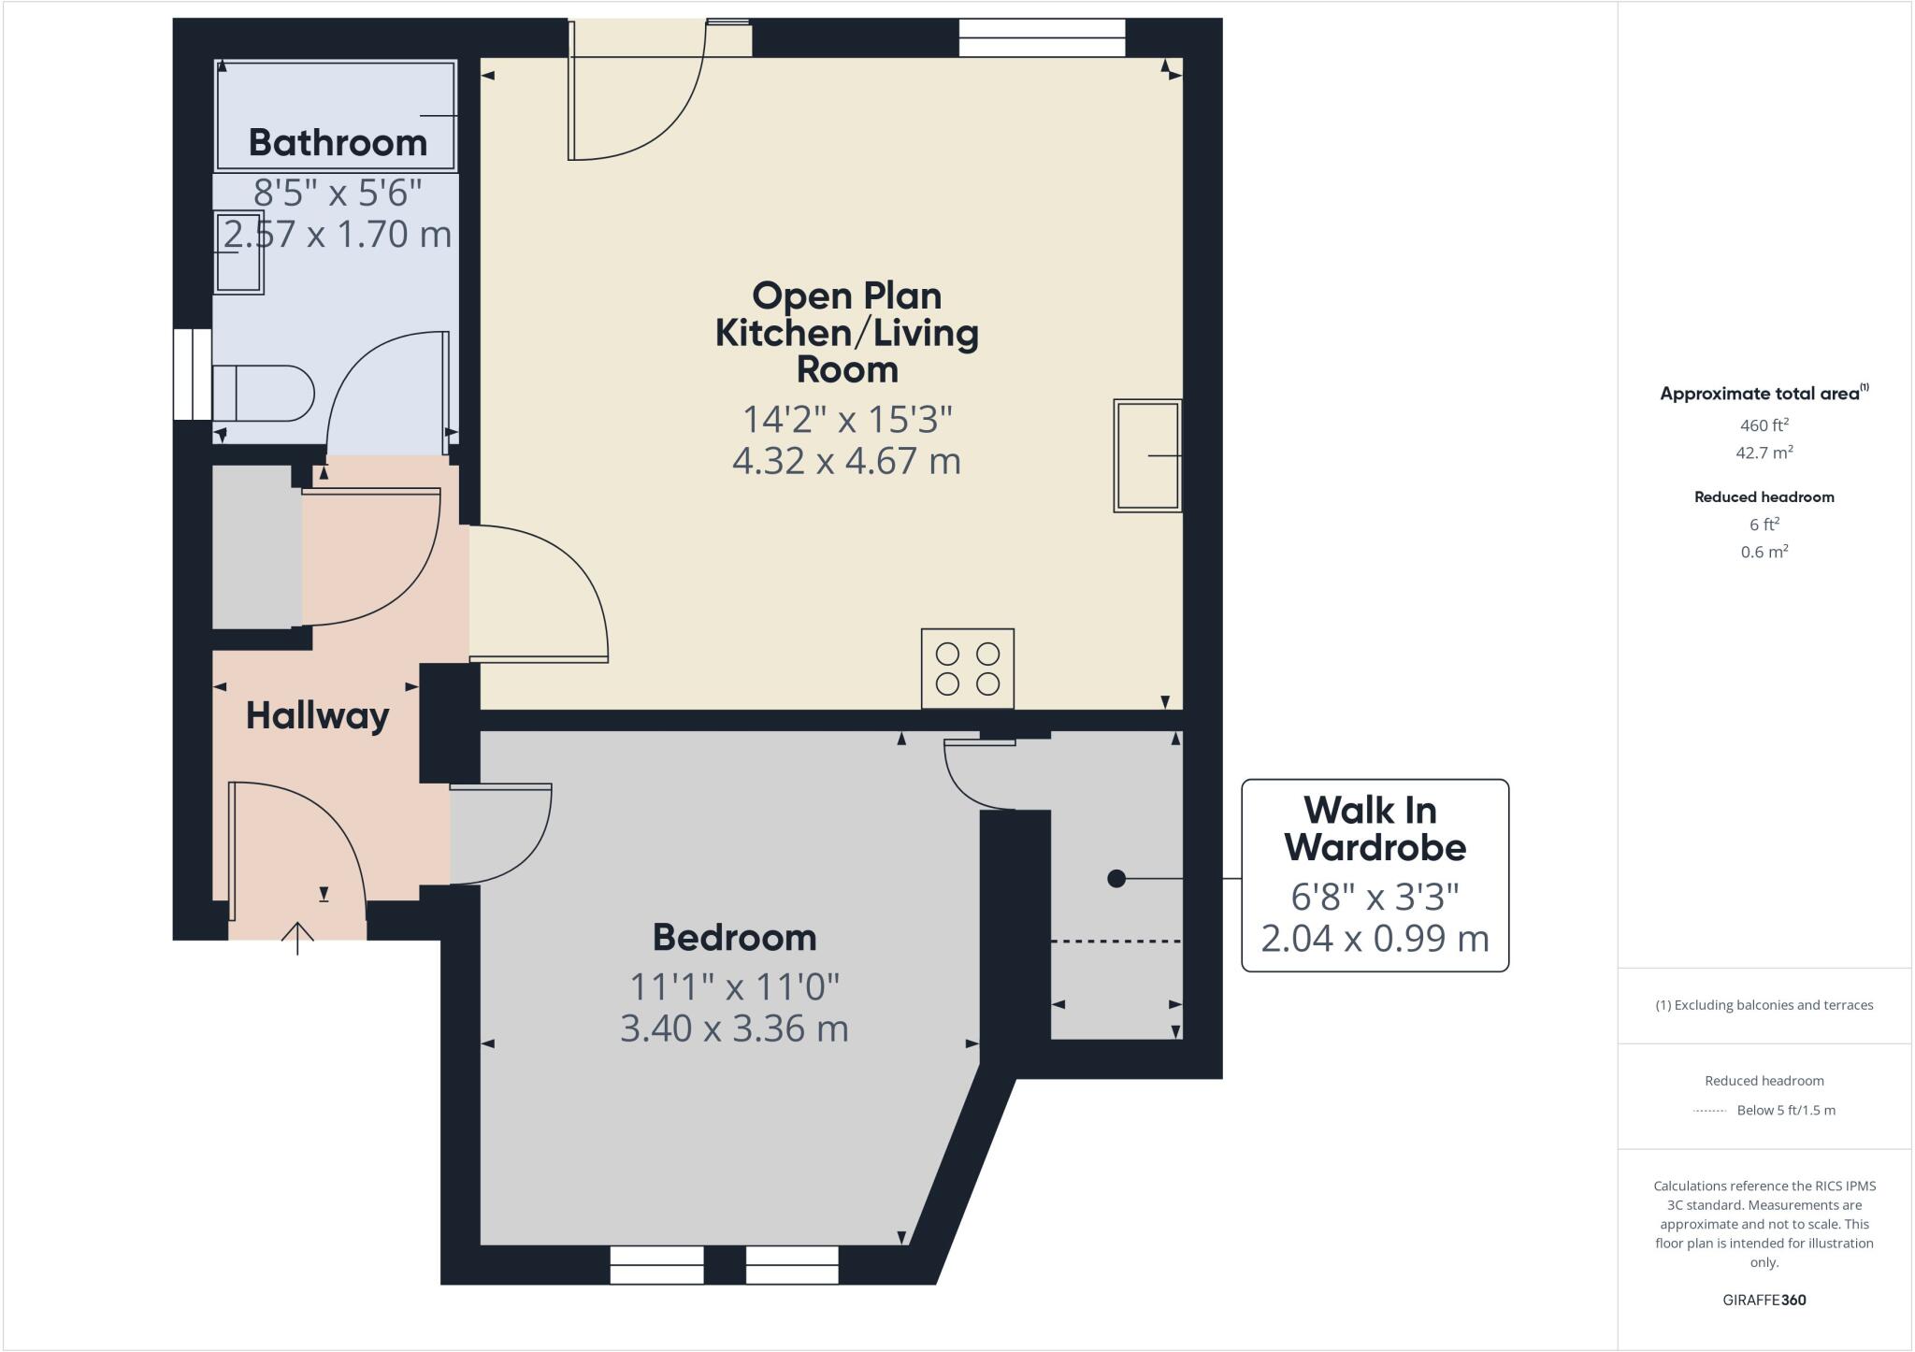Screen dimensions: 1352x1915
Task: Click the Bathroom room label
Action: point(338,142)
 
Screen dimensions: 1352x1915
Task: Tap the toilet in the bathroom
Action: point(265,393)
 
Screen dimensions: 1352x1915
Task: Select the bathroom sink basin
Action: point(239,252)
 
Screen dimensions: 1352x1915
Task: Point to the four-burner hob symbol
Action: point(967,668)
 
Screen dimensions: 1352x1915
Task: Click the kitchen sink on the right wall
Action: point(1147,455)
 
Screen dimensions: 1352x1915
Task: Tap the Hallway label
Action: point(317,715)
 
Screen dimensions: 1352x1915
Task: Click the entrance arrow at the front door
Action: point(297,938)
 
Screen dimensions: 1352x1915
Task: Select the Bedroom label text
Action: point(734,937)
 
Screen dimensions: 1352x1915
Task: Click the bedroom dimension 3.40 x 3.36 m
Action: point(734,1028)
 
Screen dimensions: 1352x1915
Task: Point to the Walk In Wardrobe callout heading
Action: point(1374,828)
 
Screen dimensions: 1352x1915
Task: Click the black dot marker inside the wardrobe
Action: point(1116,879)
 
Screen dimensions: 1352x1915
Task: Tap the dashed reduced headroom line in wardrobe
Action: point(1116,941)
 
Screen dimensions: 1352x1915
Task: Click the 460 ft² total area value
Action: point(1764,425)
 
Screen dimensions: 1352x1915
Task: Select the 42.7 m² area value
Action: point(1764,453)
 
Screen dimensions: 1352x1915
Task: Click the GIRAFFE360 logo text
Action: point(1764,1300)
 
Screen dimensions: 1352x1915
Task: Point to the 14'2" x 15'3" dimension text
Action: point(846,420)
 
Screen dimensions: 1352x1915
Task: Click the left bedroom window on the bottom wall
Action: point(656,1264)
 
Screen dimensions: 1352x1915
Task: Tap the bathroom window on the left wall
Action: point(193,374)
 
